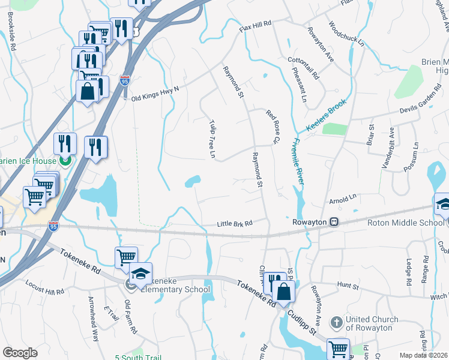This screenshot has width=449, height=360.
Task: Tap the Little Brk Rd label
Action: point(234,224)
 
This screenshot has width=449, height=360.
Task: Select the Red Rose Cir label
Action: point(274,127)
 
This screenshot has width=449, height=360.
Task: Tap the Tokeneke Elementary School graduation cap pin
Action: point(140,274)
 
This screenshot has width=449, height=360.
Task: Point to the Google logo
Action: point(20,353)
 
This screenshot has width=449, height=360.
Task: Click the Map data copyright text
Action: point(423,355)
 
